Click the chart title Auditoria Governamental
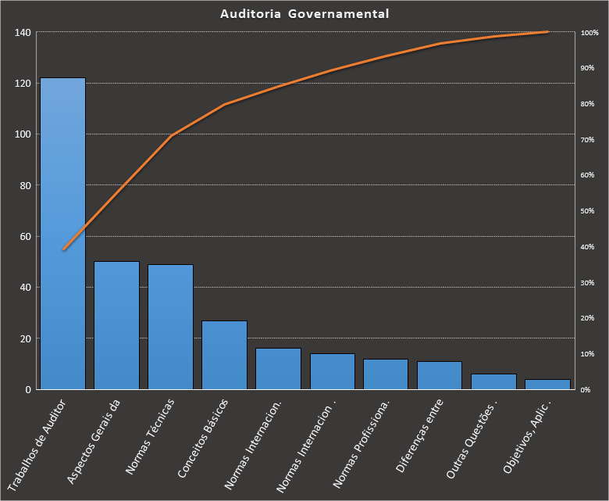point(304,13)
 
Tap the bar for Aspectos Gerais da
point(116,325)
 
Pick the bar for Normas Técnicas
point(170,327)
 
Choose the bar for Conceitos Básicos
point(224,355)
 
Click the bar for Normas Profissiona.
point(386,374)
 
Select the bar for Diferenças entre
point(440,375)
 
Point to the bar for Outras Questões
point(493,381)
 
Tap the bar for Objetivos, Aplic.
point(547,384)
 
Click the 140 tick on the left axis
point(22,33)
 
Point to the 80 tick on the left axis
point(25,186)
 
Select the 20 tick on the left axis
point(25,339)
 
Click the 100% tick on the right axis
point(589,33)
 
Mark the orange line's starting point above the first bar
point(63,249)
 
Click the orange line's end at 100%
point(547,32)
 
